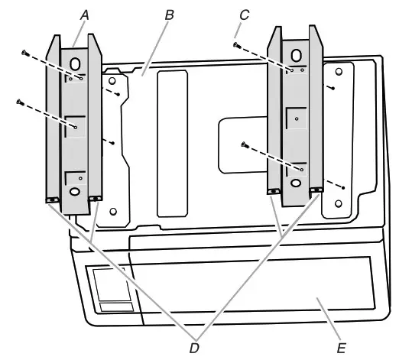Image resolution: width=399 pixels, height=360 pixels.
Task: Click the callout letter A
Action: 85,15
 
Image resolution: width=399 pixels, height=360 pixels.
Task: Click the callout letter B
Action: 170,15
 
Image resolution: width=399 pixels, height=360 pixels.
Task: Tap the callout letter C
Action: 244,15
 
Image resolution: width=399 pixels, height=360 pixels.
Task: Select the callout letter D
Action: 194,348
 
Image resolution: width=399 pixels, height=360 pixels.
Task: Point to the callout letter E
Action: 341,348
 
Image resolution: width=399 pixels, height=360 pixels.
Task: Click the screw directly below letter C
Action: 237,45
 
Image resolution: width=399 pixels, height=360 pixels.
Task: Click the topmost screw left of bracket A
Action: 25,54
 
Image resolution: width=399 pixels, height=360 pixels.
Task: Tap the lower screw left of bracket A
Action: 21,102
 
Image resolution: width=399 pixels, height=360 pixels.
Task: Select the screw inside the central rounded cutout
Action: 245,145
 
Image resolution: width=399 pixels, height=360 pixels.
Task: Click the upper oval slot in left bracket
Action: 75,64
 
